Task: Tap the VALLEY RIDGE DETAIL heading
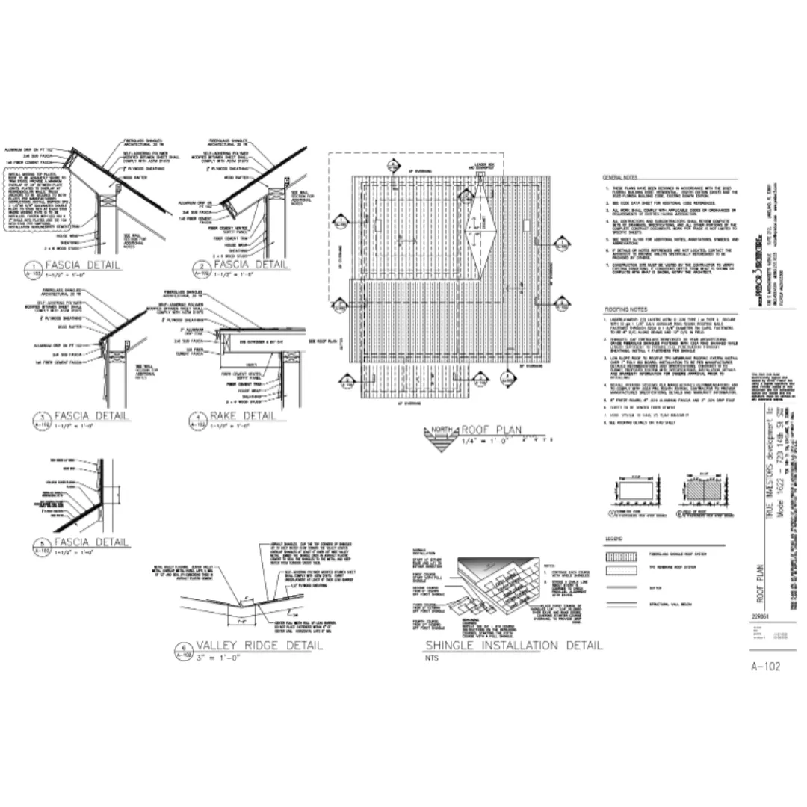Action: (259, 646)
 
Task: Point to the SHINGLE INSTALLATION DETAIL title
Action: (513, 646)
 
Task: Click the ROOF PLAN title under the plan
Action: (491, 430)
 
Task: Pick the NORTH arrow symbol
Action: (439, 434)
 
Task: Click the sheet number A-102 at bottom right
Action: (765, 667)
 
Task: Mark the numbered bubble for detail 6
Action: (182, 650)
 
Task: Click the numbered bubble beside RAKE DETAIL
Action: (198, 420)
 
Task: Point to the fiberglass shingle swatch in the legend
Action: (619, 557)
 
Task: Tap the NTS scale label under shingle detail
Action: (431, 658)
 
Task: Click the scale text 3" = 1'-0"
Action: (217, 658)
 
